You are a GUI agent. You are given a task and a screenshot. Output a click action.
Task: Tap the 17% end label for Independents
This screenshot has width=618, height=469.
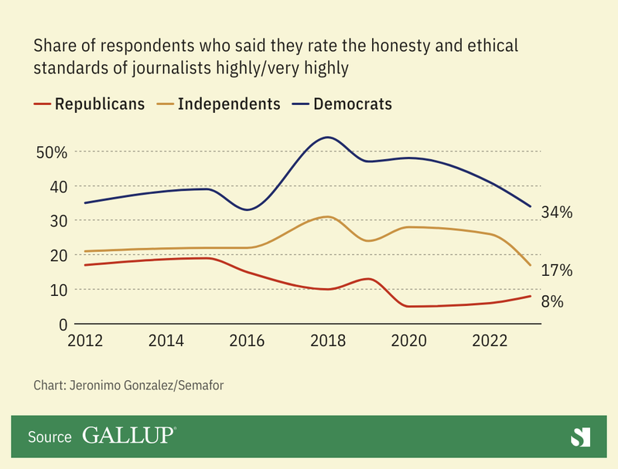pyautogui.click(x=556, y=270)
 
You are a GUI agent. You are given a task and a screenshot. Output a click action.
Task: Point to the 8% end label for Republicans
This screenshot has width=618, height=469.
pyautogui.click(x=551, y=302)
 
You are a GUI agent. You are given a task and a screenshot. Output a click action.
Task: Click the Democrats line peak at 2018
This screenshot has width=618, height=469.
pyautogui.click(x=328, y=138)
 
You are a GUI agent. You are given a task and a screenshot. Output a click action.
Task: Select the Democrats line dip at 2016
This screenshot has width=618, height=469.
pyautogui.click(x=248, y=209)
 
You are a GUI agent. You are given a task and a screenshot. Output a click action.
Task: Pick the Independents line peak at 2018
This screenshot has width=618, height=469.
pyautogui.click(x=328, y=216)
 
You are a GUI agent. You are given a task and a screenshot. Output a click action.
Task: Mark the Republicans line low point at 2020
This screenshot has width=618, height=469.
pyautogui.click(x=410, y=306)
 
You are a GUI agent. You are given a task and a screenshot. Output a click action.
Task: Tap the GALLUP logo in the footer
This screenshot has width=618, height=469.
pyautogui.click(x=128, y=436)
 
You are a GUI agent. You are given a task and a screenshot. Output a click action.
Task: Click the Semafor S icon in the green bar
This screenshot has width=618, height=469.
pyautogui.click(x=580, y=437)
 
